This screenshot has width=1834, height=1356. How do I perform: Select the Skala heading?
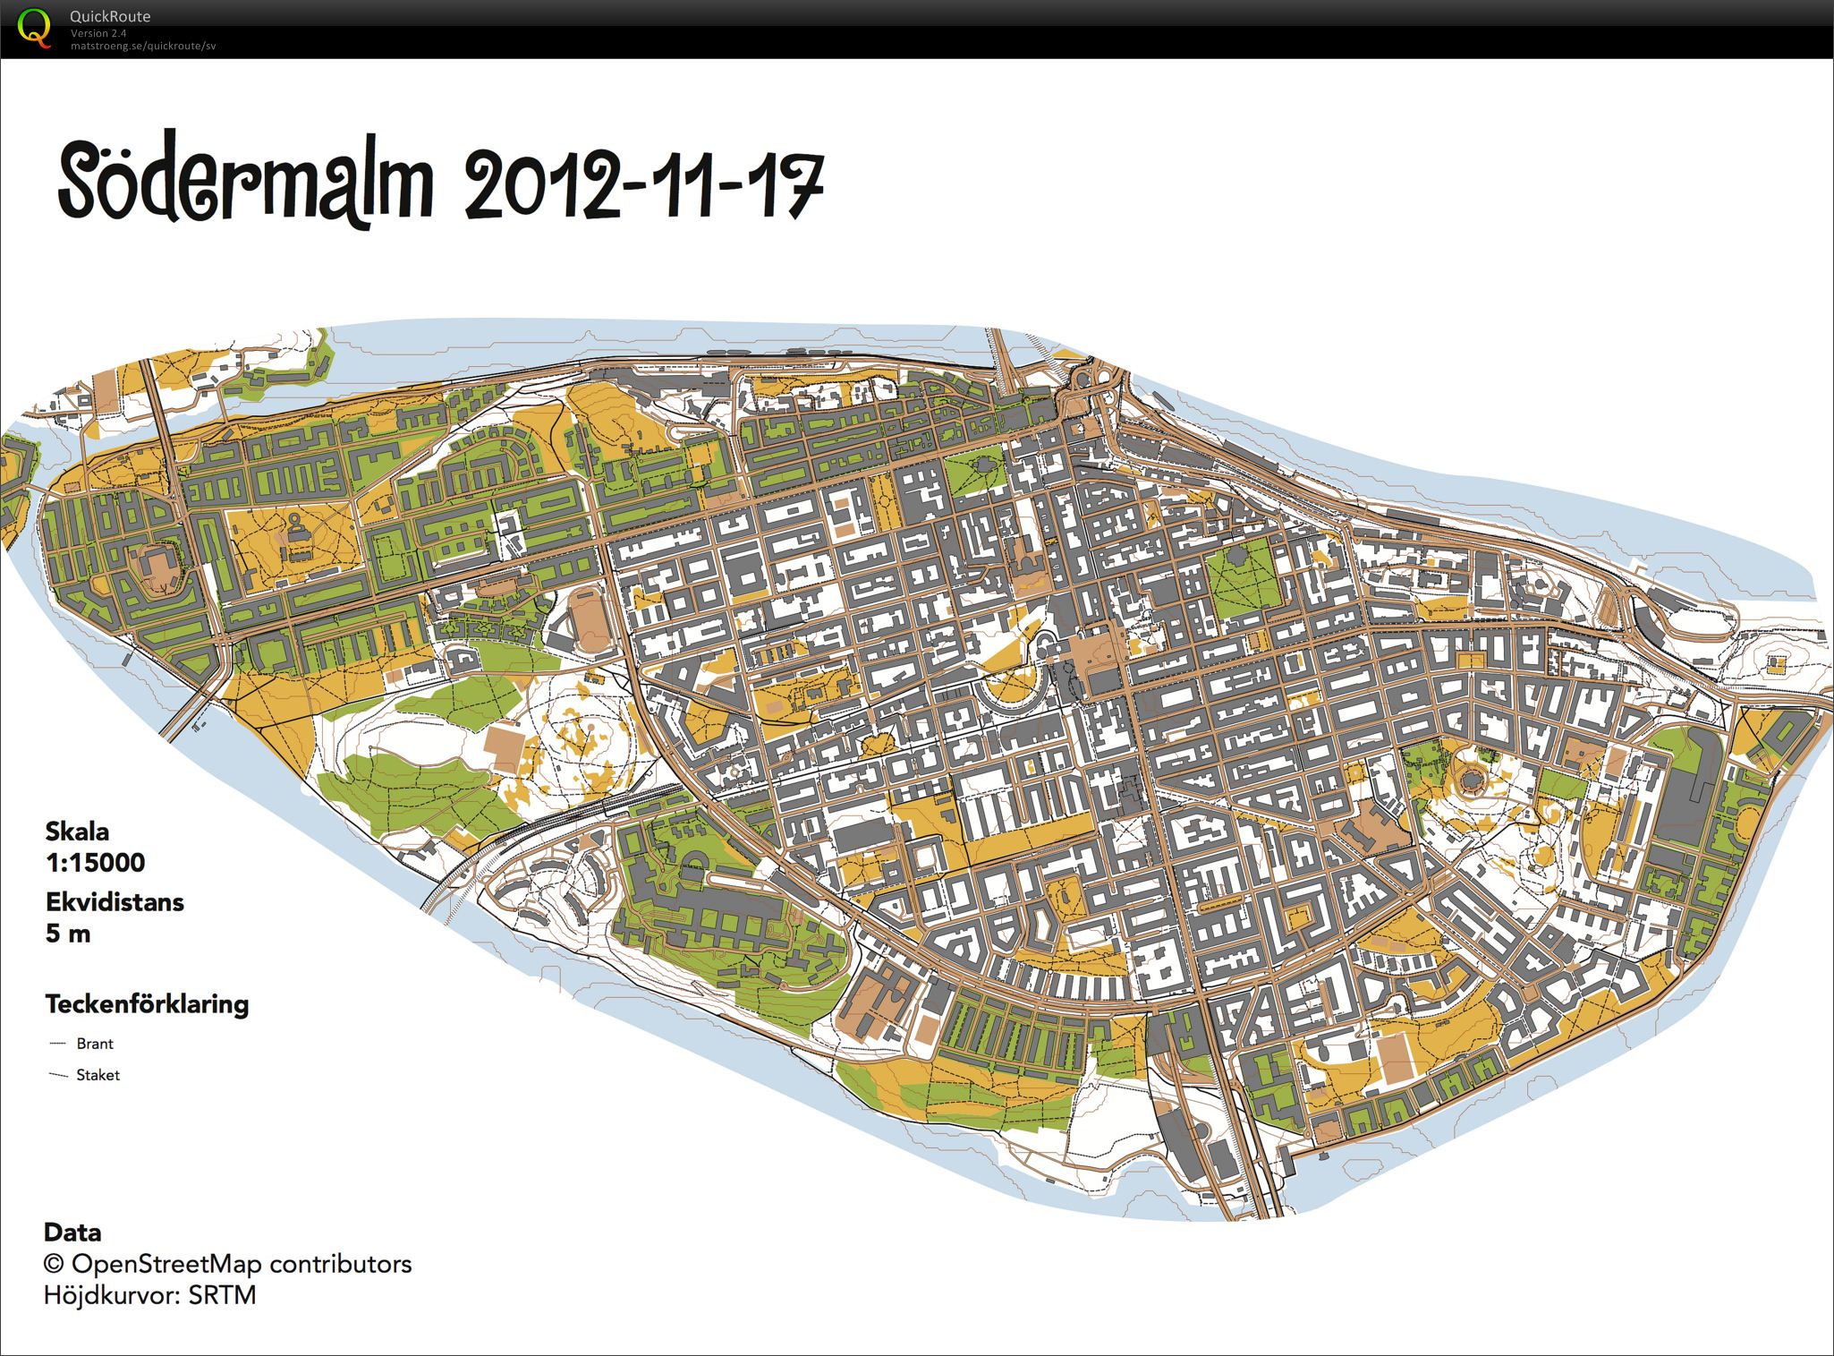[77, 832]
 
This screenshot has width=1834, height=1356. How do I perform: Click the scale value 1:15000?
[95, 863]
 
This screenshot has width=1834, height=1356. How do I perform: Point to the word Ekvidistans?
[115, 902]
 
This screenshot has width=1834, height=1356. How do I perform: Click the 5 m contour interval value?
[68, 934]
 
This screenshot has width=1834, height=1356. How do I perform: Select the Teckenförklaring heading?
[147, 1004]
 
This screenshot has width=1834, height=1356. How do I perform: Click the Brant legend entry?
[95, 1044]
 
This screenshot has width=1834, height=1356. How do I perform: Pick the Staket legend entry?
[98, 1075]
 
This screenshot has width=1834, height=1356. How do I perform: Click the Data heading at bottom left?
[72, 1232]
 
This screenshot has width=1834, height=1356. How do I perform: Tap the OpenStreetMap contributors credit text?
[228, 1264]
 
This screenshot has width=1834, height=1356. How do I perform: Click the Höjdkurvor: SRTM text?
[150, 1295]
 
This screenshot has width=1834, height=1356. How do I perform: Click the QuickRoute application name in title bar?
[111, 16]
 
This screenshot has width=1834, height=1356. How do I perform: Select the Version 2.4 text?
[98, 33]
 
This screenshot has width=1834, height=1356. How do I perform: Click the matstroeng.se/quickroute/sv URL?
[143, 45]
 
